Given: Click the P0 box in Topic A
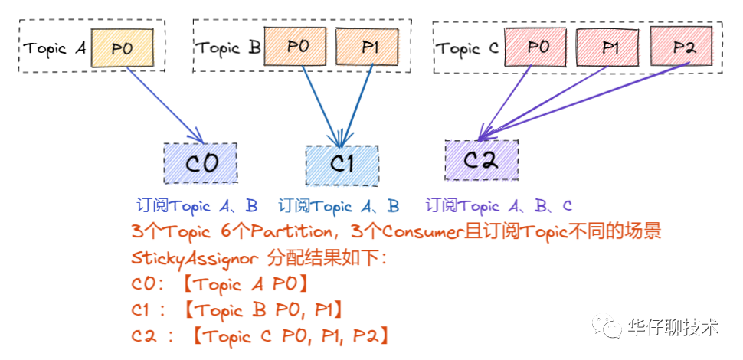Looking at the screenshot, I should pyautogui.click(x=123, y=47).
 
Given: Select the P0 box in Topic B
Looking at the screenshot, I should pyautogui.click(x=296, y=47).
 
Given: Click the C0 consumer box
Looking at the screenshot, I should pyautogui.click(x=201, y=162).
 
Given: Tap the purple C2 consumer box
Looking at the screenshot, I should pyautogui.click(x=481, y=159).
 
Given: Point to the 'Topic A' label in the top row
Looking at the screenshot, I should pyautogui.click(x=55, y=48).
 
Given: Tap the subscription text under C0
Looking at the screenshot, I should pyautogui.click(x=197, y=206).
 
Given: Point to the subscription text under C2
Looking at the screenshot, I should pyautogui.click(x=499, y=206).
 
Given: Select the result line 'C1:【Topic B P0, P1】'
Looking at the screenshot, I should pyautogui.click(x=237, y=309).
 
